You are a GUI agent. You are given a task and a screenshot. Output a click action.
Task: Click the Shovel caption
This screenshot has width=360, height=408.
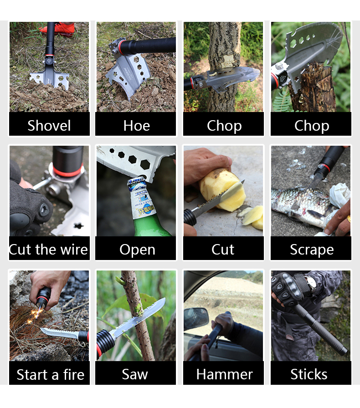click(x=49, y=126)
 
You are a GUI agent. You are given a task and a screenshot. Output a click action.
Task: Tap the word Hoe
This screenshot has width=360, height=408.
click(x=137, y=126)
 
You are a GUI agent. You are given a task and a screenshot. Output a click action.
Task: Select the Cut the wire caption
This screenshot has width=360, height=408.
click(x=48, y=250)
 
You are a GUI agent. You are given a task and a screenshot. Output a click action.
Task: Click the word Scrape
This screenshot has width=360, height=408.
click(x=312, y=250)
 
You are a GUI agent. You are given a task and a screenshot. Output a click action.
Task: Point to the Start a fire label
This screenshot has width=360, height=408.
click(x=50, y=375)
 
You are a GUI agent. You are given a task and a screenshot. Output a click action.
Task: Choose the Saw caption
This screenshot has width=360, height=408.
click(x=135, y=374)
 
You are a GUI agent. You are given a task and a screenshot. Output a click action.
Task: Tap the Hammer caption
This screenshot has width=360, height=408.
click(x=224, y=374)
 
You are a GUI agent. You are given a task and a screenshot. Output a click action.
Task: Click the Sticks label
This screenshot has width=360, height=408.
click(x=309, y=374)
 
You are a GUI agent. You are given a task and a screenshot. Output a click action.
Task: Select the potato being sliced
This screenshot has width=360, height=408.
click(x=222, y=189)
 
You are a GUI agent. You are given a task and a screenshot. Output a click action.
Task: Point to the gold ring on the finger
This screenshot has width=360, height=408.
click(x=349, y=219)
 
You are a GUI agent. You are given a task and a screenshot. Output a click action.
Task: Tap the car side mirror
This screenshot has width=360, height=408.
click(x=196, y=318)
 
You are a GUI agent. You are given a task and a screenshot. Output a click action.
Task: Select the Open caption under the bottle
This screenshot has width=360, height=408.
click(x=137, y=250)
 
